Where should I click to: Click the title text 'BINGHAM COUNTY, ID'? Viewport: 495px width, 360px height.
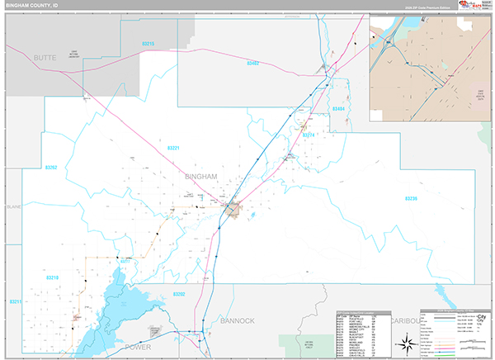(34, 5)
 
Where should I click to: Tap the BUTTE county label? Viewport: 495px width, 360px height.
(47, 58)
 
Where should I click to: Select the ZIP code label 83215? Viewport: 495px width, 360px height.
(148, 43)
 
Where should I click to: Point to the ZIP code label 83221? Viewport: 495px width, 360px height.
(173, 148)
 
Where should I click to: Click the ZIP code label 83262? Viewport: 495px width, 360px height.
(51, 168)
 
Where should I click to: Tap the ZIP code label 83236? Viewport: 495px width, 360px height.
(412, 198)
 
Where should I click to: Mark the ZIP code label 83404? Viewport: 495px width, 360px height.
(338, 109)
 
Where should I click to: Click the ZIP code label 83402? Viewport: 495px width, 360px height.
(252, 63)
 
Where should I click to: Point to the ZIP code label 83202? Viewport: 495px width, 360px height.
(179, 295)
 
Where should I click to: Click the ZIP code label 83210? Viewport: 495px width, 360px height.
(15, 303)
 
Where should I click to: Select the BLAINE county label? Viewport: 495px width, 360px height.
(12, 207)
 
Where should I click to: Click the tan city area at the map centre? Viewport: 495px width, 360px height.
(234, 211)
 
